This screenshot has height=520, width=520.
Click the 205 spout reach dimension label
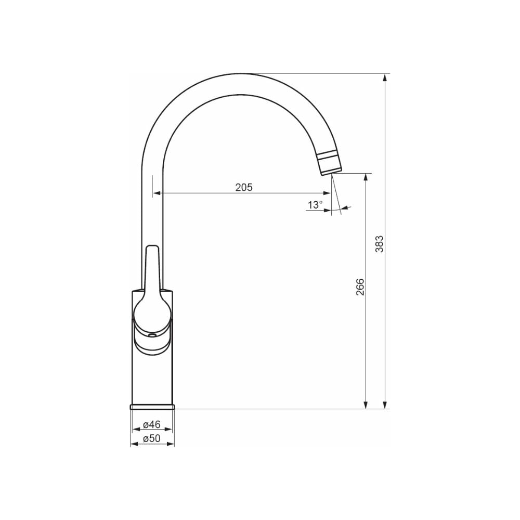(244, 187)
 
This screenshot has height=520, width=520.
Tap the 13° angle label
(315, 205)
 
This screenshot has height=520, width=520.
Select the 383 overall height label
(379, 244)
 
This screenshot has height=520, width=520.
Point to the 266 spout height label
(360, 287)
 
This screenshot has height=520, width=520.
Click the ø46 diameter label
(152, 424)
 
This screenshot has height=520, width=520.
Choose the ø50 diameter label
(152, 438)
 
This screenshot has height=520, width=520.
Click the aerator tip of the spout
(329, 163)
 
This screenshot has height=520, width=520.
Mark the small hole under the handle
(152, 335)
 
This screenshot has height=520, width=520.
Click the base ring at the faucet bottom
(152, 407)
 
